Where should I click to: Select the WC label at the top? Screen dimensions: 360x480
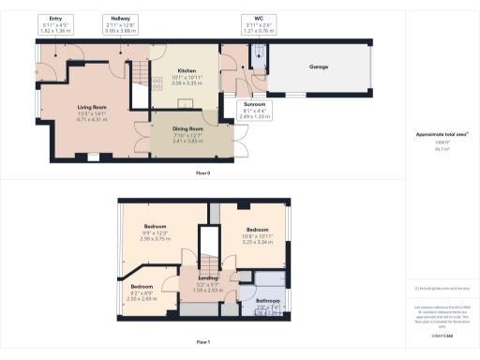pyautogui.click(x=252, y=17)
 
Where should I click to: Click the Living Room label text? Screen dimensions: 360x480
pyautogui.click(x=92, y=108)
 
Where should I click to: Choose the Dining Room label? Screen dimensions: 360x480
pyautogui.click(x=190, y=128)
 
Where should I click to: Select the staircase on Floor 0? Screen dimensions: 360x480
pyautogui.click(x=137, y=67)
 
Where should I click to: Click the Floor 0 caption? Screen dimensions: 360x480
pyautogui.click(x=202, y=173)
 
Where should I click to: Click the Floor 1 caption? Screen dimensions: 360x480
pyautogui.click(x=202, y=343)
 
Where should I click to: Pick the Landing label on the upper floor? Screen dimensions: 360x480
pyautogui.click(x=208, y=278)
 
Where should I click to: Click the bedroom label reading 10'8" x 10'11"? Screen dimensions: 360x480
pyautogui.click(x=259, y=230)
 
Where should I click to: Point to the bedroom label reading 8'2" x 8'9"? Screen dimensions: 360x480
pyautogui.click(x=142, y=286)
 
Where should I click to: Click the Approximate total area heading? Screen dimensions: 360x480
pyautogui.click(x=441, y=135)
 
